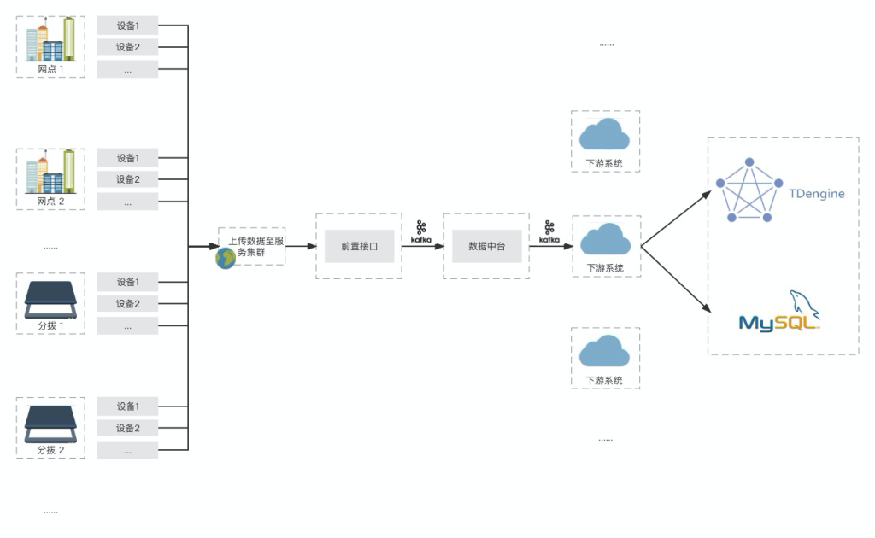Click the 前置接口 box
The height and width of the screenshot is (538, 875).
coord(359,246)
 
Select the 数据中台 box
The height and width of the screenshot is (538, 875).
coord(487,246)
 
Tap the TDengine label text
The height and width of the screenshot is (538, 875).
coord(815,194)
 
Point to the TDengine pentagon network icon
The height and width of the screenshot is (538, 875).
coord(749,190)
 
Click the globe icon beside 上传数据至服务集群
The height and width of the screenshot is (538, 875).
coord(226,259)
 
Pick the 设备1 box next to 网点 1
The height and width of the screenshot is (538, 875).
coord(127,26)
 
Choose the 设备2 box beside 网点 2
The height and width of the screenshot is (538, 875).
coord(127,179)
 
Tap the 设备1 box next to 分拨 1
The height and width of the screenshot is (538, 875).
coord(127,282)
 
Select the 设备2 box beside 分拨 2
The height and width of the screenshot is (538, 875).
coord(127,428)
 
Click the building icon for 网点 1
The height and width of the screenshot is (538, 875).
coord(50,39)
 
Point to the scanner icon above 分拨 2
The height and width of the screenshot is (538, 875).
coord(50,420)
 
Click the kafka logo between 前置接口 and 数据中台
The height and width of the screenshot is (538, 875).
coord(420,232)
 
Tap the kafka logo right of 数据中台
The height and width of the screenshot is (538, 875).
coord(549,232)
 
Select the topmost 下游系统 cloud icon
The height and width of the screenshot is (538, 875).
coord(605,135)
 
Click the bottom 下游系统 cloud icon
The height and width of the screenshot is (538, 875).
coord(605,352)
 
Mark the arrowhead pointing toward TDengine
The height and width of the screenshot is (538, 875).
coord(707,193)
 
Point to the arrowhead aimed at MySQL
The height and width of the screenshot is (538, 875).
coord(707,308)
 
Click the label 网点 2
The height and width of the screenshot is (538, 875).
coord(50,202)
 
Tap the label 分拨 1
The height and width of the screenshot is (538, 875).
coord(50,325)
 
